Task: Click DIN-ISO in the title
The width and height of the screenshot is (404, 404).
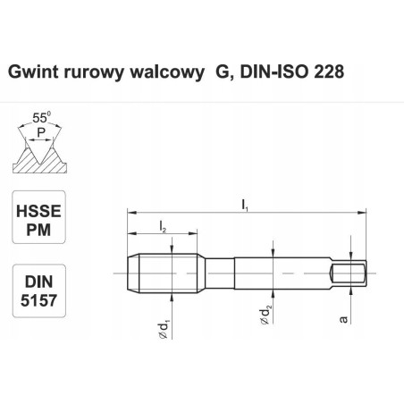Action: click(x=264, y=70)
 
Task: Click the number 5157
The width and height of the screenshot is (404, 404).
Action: click(x=38, y=300)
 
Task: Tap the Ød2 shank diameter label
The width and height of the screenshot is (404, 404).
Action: click(x=265, y=314)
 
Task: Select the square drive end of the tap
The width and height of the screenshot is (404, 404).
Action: click(x=349, y=271)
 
